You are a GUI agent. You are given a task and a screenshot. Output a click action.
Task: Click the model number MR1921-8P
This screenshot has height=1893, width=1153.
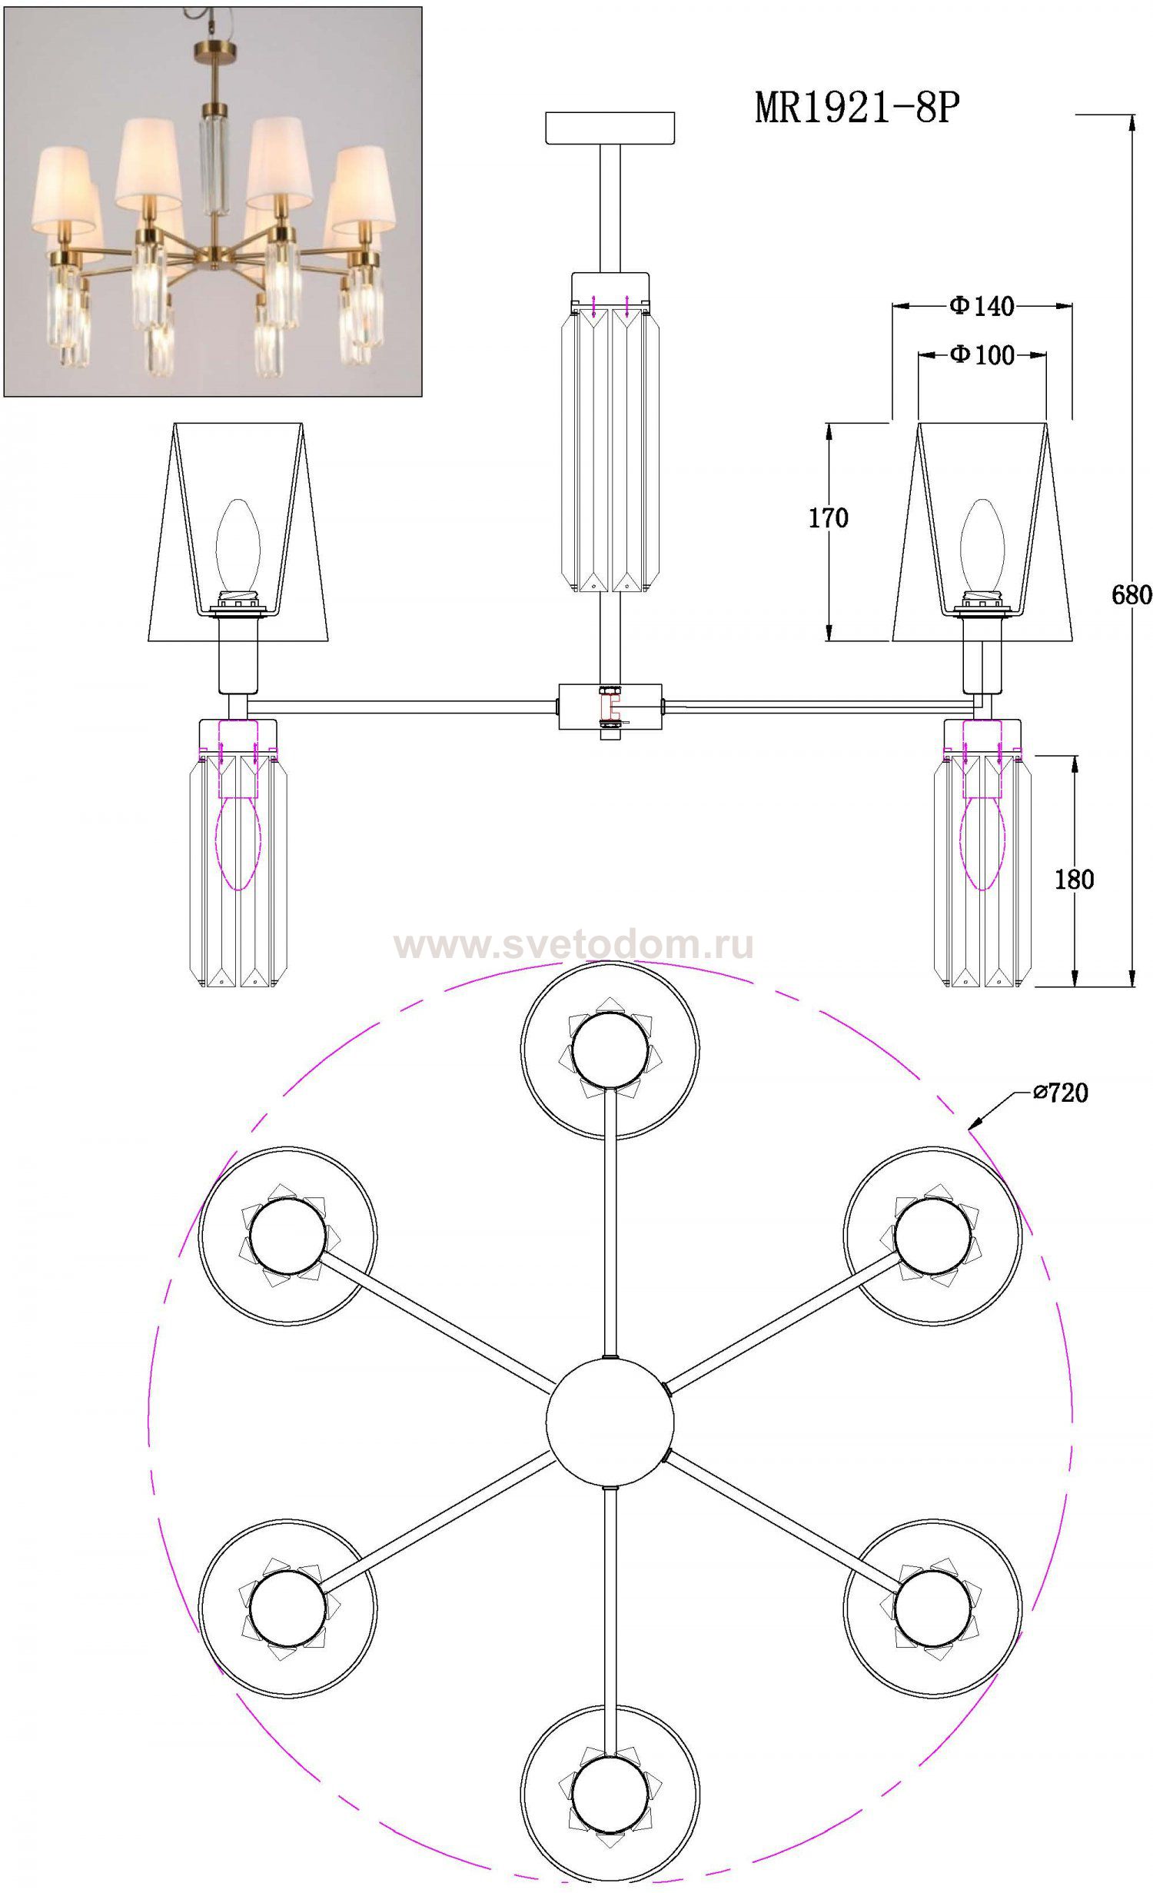pyautogui.click(x=857, y=108)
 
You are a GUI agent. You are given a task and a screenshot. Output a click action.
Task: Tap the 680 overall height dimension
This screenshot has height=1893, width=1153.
pyautogui.click(x=1131, y=594)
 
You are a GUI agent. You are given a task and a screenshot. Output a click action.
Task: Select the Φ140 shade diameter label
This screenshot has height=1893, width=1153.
pyautogui.click(x=982, y=307)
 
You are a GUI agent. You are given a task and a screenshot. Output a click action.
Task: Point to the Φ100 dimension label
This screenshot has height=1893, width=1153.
pyautogui.click(x=982, y=354)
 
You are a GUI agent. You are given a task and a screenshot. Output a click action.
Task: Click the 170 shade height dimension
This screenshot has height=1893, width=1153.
pyautogui.click(x=828, y=518)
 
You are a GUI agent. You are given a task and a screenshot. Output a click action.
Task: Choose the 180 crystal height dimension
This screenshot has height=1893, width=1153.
pyautogui.click(x=1074, y=879)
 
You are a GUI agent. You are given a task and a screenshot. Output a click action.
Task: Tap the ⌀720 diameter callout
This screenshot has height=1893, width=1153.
pyautogui.click(x=1061, y=1093)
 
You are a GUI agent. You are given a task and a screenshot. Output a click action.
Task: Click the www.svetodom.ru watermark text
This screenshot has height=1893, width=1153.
pyautogui.click(x=573, y=945)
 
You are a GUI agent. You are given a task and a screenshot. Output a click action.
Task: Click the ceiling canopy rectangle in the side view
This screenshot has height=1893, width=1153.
pyautogui.click(x=610, y=128)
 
